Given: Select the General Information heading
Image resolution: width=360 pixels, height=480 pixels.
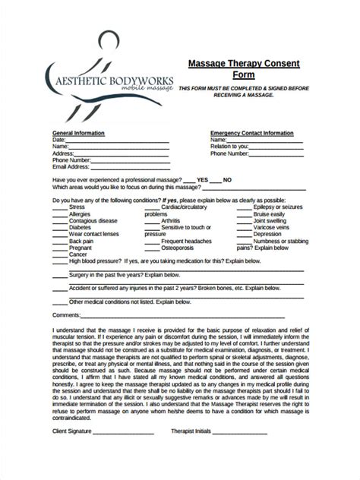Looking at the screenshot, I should (78, 133).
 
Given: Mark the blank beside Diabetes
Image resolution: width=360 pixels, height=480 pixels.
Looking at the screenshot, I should (59, 228).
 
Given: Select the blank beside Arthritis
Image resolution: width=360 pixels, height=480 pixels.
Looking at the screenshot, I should (152, 221).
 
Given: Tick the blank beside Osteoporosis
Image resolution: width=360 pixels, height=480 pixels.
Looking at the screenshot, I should (152, 248).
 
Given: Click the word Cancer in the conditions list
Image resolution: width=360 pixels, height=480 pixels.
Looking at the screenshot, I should (78, 255).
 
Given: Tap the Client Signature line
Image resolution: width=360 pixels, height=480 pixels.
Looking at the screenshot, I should (122, 433).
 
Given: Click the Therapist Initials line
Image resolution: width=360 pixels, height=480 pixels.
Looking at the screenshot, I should (239, 433).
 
